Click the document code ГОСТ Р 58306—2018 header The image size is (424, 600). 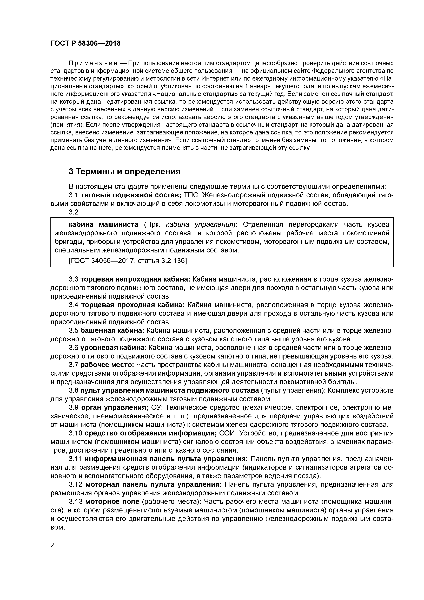click(85, 43)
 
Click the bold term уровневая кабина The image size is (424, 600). click(114, 348)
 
